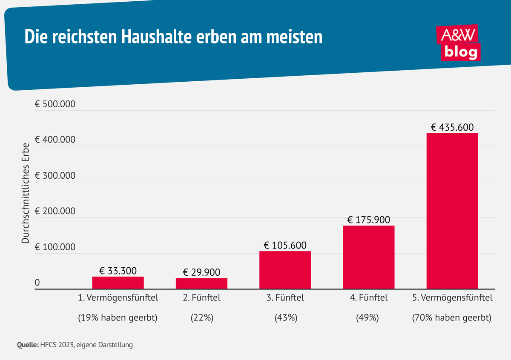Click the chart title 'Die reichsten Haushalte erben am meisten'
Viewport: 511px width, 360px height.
coord(173,37)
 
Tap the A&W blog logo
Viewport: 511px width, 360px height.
coord(459,43)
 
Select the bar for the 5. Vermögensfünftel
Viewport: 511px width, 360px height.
coord(452,211)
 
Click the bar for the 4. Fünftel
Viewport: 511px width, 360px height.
coord(368,257)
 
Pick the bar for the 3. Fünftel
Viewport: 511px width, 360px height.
coord(285,270)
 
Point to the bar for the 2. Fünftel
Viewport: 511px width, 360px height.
coord(201,283)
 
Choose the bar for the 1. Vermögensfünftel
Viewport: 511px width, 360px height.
coord(118,283)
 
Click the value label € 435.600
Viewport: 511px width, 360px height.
coord(452,127)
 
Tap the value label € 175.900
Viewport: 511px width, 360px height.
coord(368,220)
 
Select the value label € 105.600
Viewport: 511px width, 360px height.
coord(285,245)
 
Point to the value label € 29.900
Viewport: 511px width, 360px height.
coord(201,272)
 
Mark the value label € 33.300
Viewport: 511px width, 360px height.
coord(118,271)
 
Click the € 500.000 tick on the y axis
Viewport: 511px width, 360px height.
coord(55,104)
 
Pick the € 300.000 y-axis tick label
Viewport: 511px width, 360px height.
coord(55,176)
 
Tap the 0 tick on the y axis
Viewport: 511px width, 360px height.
coord(37,283)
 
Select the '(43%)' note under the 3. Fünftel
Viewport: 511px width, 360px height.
coord(285,318)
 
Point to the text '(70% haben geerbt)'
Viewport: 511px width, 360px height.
coord(452,318)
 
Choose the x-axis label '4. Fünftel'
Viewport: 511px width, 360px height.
coord(368,298)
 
